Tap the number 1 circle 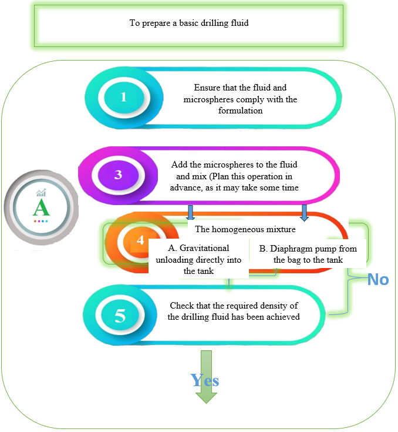(x=123, y=97)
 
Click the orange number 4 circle (x=140, y=240)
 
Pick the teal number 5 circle (x=120, y=316)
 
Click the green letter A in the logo (x=42, y=207)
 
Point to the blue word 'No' (x=378, y=279)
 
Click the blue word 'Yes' (x=205, y=380)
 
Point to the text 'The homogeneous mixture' (x=245, y=229)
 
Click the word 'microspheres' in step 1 (x=208, y=99)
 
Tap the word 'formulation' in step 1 (x=241, y=110)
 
